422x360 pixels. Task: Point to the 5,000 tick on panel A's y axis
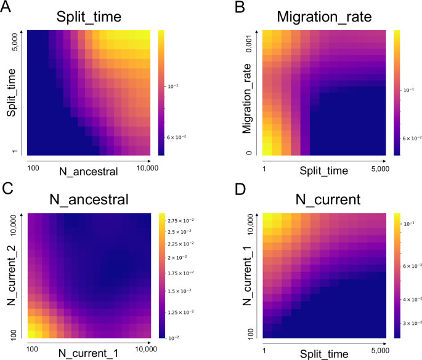pos(17,42)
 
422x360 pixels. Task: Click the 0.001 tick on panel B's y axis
pos(248,42)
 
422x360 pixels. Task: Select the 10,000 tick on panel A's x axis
pos(140,167)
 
